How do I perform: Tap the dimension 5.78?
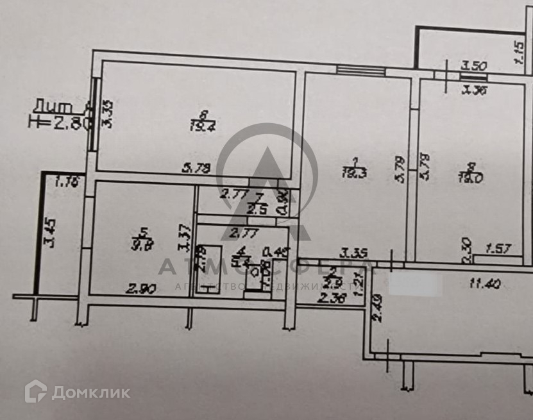coord(197,169)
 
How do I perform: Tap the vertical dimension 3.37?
coord(185,238)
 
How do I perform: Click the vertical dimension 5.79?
coord(400,169)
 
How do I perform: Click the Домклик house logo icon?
coord(35,391)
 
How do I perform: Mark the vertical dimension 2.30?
coord(468,249)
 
